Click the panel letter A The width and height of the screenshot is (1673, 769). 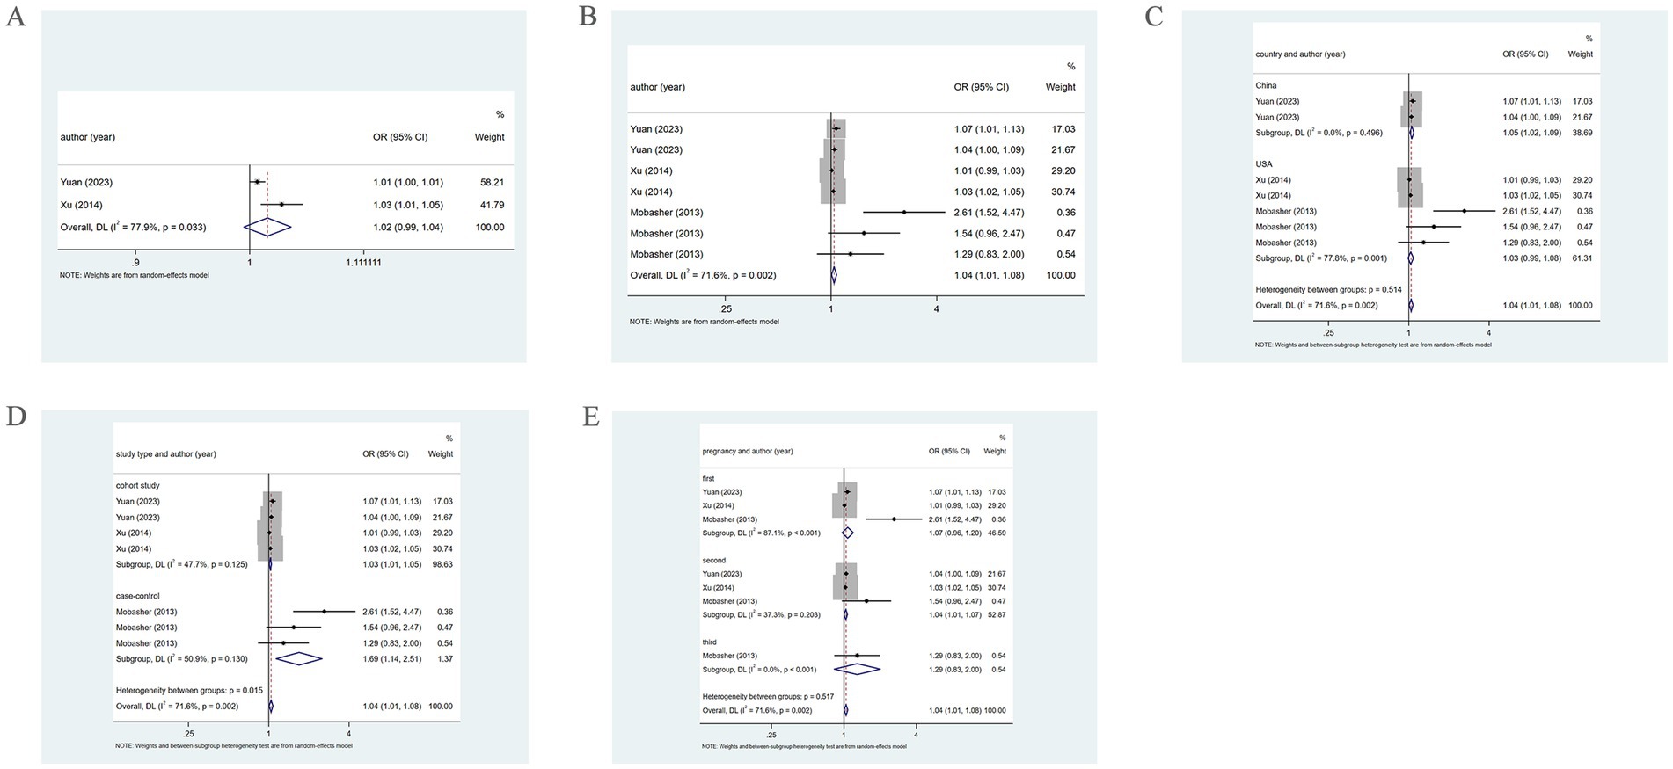pyautogui.click(x=15, y=17)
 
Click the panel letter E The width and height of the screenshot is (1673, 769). pyautogui.click(x=590, y=416)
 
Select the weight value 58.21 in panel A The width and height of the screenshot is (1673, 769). pyautogui.click(x=490, y=182)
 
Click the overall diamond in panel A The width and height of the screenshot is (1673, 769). pyautogui.click(x=267, y=227)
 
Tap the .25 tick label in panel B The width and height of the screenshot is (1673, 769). pyautogui.click(x=726, y=309)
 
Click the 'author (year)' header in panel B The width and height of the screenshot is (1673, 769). pyautogui.click(x=657, y=87)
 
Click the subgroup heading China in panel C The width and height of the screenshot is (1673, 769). pyautogui.click(x=1266, y=85)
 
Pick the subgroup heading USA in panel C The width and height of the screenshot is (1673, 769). pyautogui.click(x=1264, y=164)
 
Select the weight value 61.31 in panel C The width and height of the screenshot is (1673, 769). pyautogui.click(x=1580, y=258)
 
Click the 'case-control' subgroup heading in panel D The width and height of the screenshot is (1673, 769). pyautogui.click(x=137, y=596)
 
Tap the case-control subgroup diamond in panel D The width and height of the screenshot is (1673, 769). pyautogui.click(x=299, y=658)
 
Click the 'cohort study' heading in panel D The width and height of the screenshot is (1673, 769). pyautogui.click(x=137, y=485)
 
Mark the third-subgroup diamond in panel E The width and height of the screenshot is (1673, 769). pyautogui.click(x=857, y=669)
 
